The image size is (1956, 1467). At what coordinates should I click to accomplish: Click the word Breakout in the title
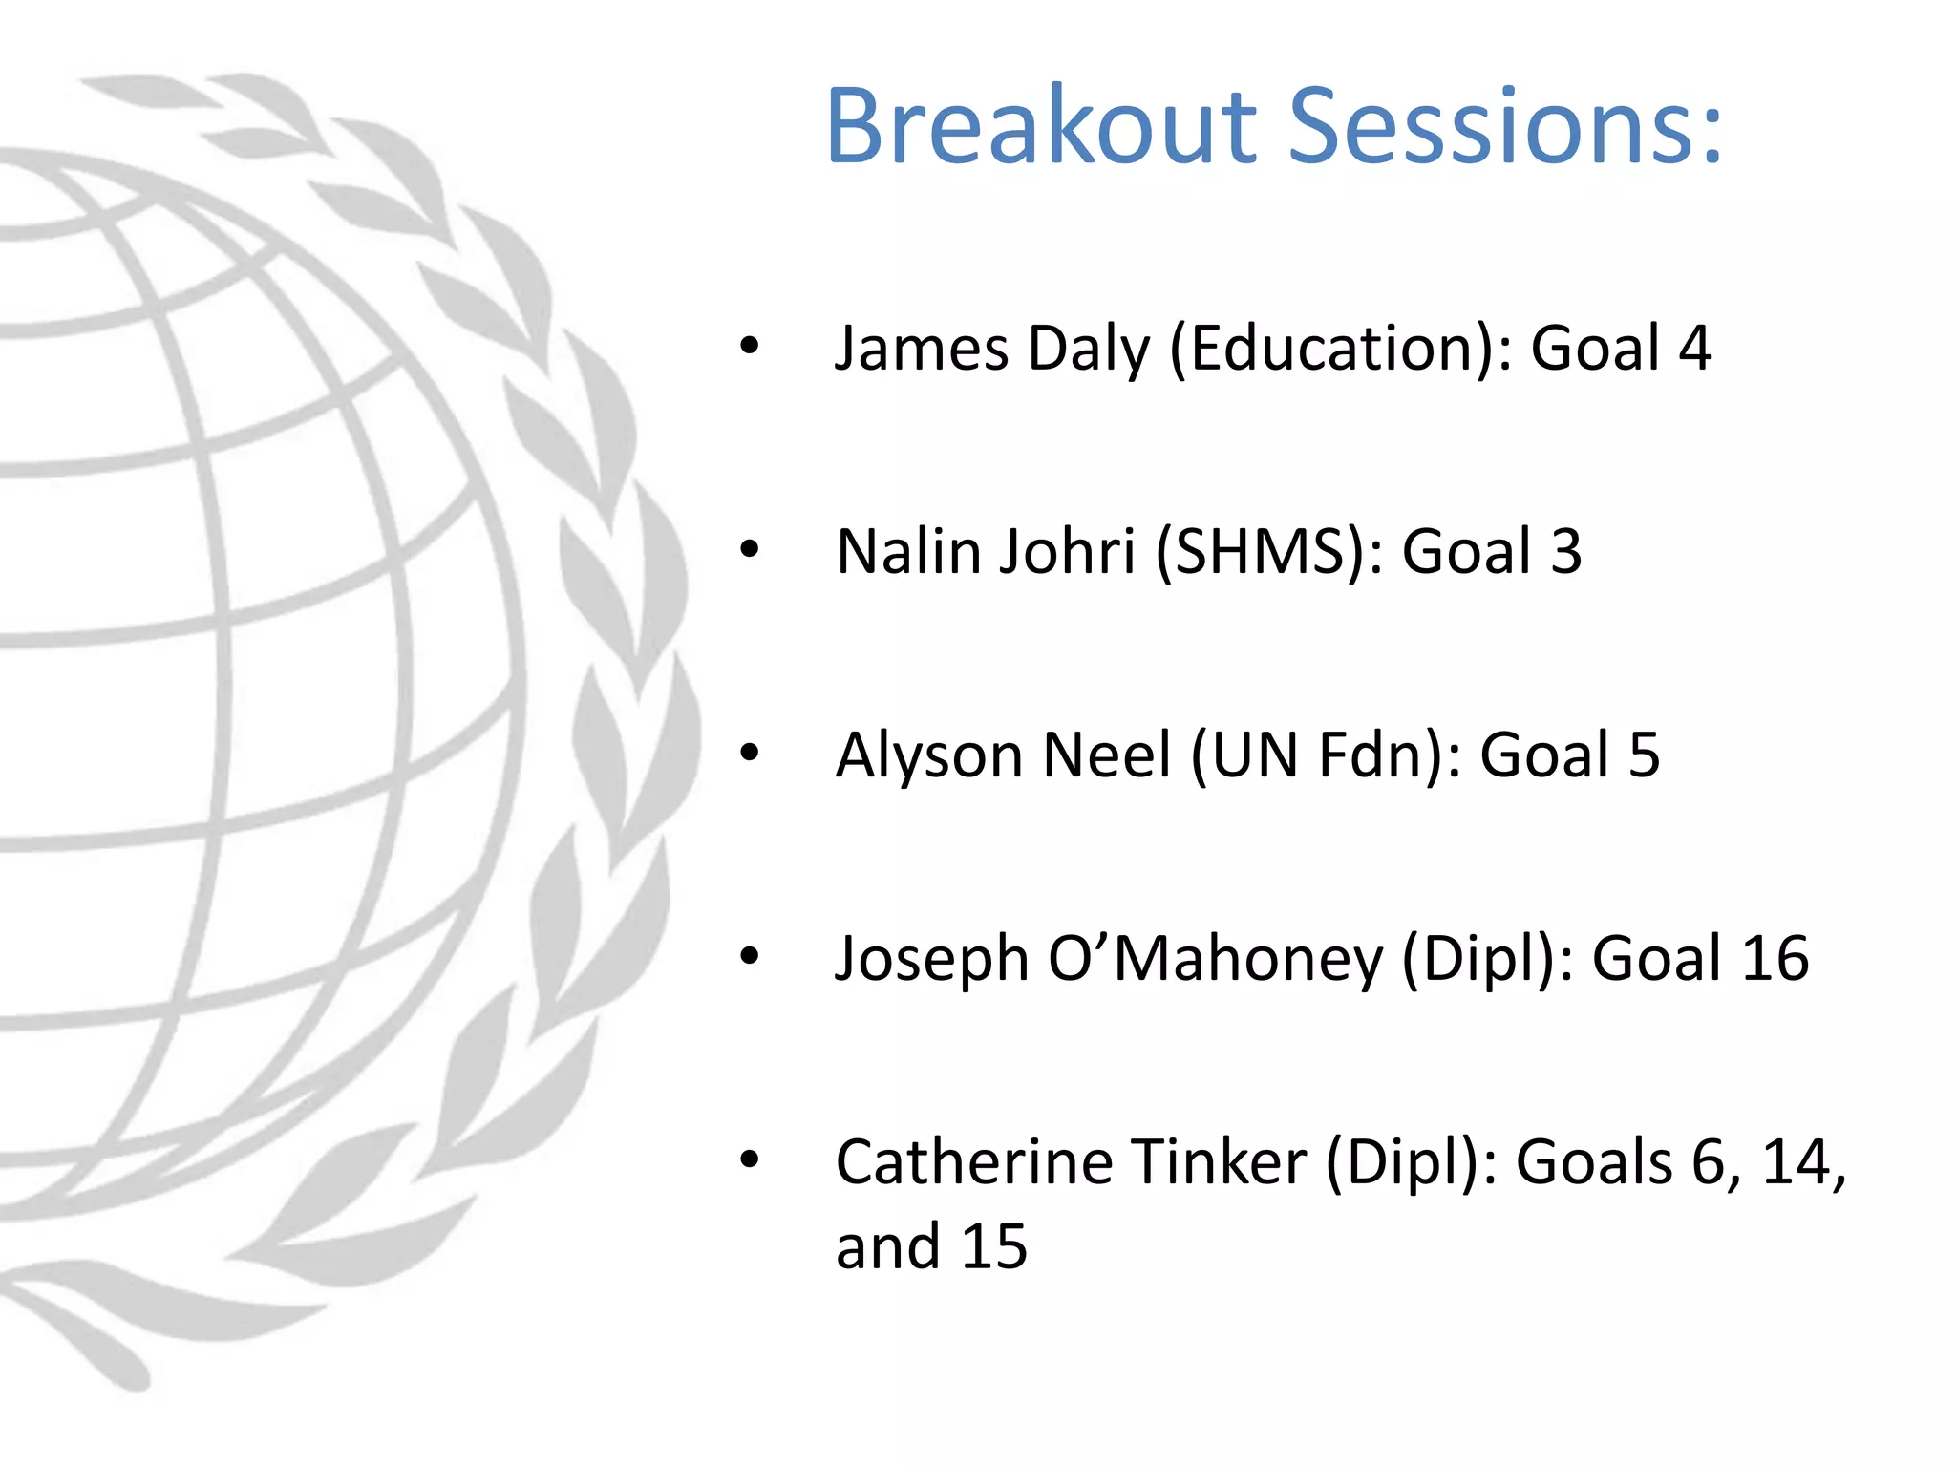click(1041, 127)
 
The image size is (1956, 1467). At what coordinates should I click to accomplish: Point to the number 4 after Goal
click(1695, 348)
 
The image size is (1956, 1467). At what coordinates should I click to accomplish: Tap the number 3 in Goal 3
click(1565, 551)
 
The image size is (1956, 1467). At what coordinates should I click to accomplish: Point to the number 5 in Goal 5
click(1644, 755)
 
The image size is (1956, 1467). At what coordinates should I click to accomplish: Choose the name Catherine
click(973, 1161)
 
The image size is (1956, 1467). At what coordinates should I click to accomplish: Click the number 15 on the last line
click(993, 1246)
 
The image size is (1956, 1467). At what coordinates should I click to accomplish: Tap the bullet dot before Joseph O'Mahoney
click(750, 956)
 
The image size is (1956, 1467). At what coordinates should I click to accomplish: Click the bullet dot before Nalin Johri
click(750, 549)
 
